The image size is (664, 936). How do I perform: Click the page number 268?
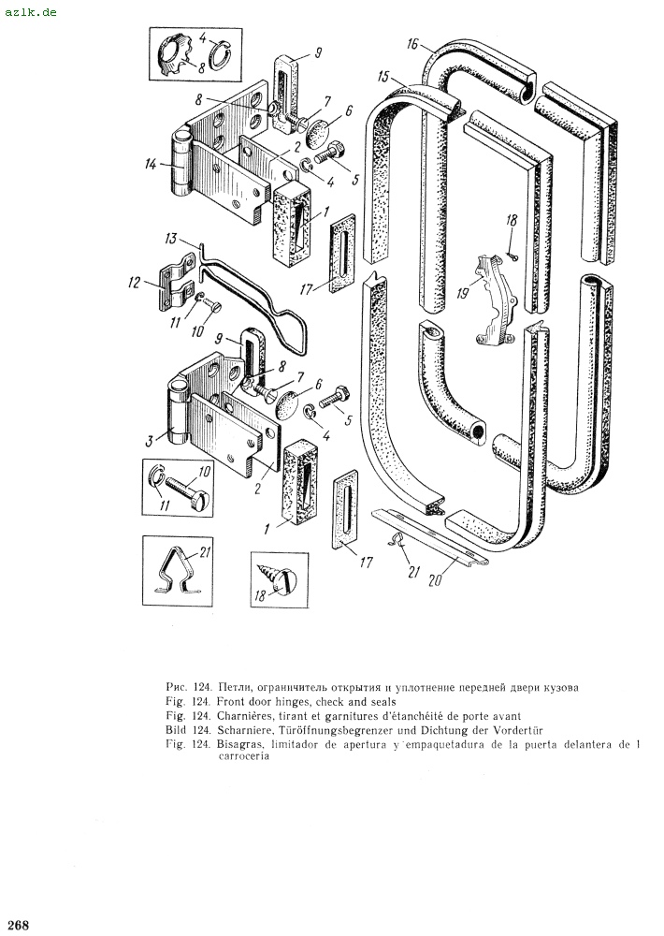coord(17,925)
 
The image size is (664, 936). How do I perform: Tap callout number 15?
coord(383,75)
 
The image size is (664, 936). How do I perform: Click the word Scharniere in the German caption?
coord(243,728)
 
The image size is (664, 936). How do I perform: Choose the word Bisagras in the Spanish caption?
coord(242,744)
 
